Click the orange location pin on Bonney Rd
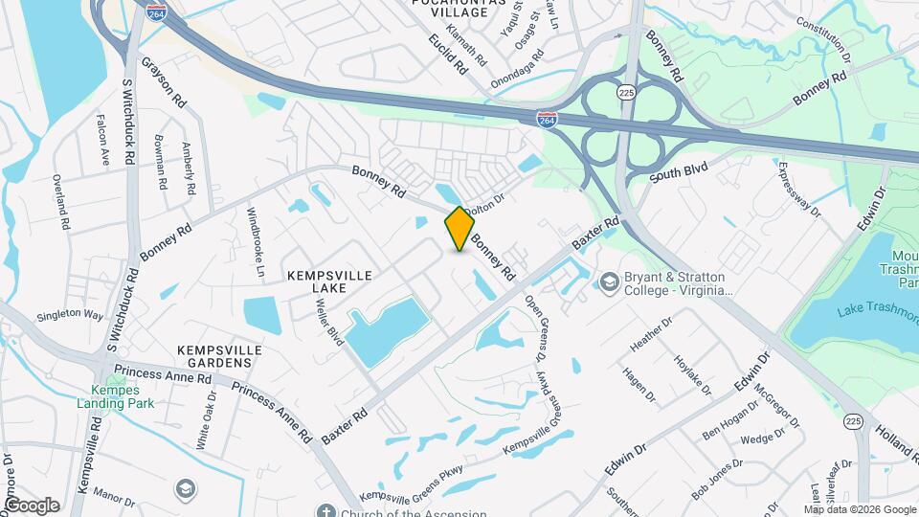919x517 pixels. (x=459, y=229)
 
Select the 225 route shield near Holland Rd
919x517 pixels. (x=853, y=420)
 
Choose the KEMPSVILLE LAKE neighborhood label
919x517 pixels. (x=329, y=275)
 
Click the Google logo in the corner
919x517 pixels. (x=32, y=506)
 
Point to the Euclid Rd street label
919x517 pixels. (x=447, y=55)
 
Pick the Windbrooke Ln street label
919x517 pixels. (x=256, y=236)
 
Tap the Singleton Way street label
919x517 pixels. (x=70, y=315)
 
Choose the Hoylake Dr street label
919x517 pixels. (x=692, y=373)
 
